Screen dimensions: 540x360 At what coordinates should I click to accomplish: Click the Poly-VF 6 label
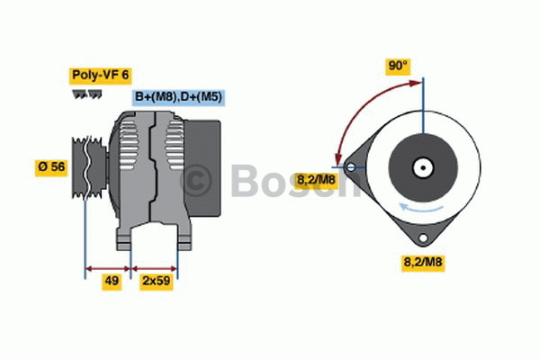coord(101,76)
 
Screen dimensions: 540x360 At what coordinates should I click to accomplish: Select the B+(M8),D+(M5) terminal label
coord(178,97)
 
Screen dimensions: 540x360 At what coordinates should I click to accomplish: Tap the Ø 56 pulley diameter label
coord(51,167)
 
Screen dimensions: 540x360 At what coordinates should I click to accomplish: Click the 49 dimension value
coord(112,282)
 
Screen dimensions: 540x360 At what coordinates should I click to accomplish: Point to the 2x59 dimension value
coord(157,282)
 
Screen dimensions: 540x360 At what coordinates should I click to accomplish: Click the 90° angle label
coord(398,66)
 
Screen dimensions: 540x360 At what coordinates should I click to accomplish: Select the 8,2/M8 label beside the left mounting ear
coord(316,180)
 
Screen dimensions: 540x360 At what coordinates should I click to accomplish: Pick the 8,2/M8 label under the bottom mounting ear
coord(423,263)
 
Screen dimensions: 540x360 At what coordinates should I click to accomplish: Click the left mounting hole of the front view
coord(351,167)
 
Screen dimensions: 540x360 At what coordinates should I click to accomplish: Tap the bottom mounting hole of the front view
coord(423,238)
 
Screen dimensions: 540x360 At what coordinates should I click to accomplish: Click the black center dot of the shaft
coord(423,168)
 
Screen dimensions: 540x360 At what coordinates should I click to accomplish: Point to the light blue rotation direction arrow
coord(421,208)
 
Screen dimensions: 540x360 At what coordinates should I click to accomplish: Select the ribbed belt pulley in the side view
coord(89,167)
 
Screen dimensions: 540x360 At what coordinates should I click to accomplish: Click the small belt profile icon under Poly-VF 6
coord(87,94)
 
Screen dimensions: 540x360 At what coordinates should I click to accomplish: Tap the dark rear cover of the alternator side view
coord(202,168)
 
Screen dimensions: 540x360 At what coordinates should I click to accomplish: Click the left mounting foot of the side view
coord(124,239)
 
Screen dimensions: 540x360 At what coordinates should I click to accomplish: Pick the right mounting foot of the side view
coord(184,239)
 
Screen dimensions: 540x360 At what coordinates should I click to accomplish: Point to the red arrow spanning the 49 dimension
coord(108,269)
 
